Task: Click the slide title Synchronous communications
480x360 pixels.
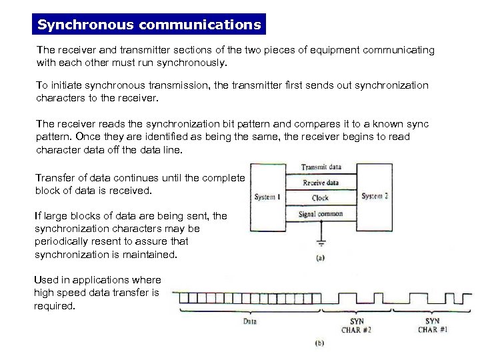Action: pos(149,25)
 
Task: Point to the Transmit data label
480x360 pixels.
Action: pos(323,167)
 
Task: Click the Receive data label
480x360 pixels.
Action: pos(321,182)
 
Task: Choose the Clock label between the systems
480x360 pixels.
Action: pos(320,198)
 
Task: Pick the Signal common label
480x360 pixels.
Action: pos(321,214)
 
